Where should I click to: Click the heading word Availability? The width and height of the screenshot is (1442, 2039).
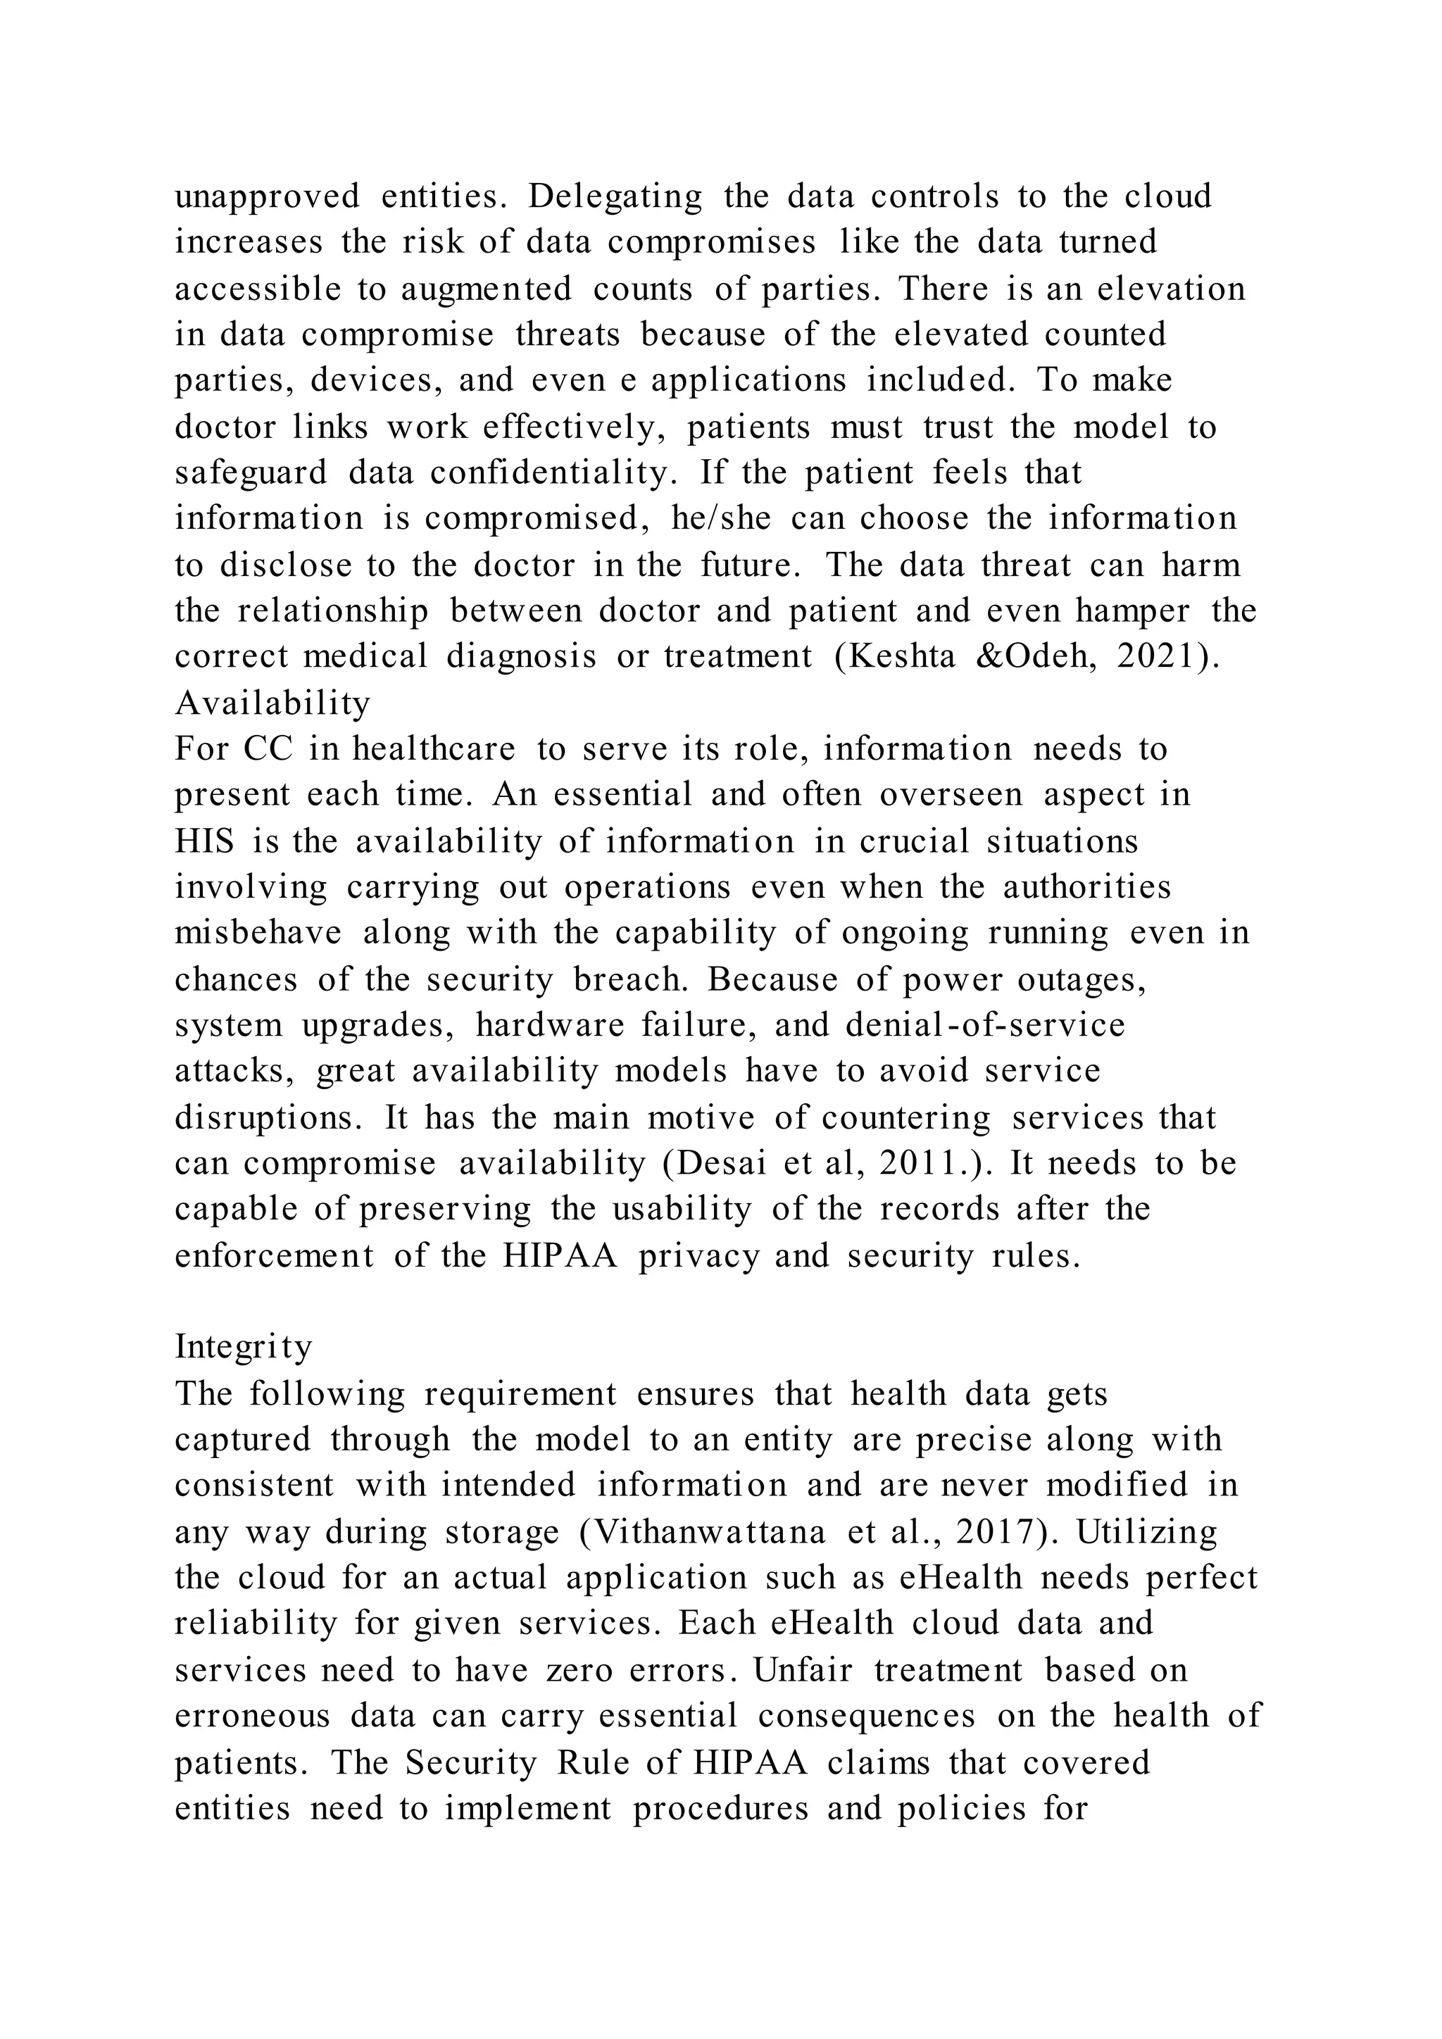point(272,703)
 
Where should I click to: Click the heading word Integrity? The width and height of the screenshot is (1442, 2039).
point(244,1347)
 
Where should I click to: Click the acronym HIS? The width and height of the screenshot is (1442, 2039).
point(204,841)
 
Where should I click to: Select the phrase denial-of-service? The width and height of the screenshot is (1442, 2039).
point(985,1026)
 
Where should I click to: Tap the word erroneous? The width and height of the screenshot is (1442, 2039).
point(252,1716)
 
